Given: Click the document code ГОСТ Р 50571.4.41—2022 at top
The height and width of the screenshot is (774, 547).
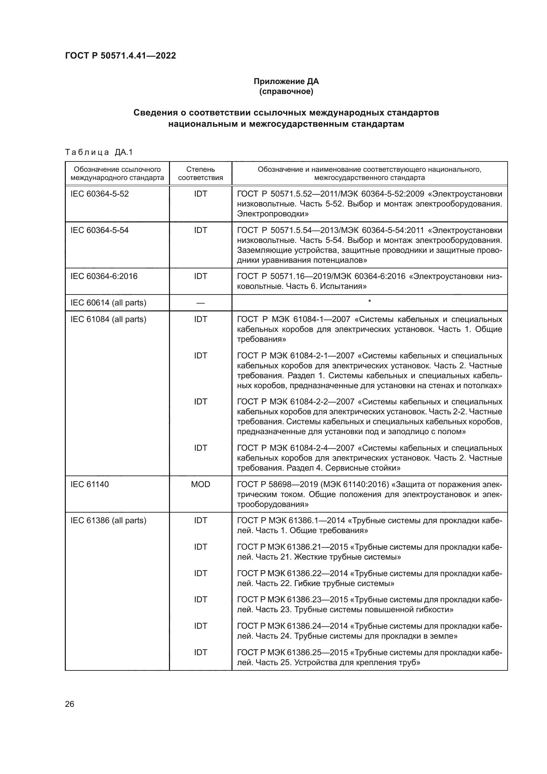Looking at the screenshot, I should pyautogui.click(x=120, y=56).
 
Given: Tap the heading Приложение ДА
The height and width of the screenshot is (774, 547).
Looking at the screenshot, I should pyautogui.click(x=286, y=81).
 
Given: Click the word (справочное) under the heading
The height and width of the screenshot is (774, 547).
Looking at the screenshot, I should pyautogui.click(x=286, y=91).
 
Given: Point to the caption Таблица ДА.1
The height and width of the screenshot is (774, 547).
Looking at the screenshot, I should pyautogui.click(x=99, y=152).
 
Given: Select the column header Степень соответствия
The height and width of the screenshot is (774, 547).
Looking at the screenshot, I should pyautogui.click(x=200, y=173).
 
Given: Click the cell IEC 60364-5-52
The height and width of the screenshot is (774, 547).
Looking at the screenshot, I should pyautogui.click(x=99, y=194).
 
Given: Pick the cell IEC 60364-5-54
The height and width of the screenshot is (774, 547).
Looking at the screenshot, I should pyautogui.click(x=99, y=230).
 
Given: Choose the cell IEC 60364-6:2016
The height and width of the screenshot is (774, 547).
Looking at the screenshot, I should pyautogui.click(x=104, y=276).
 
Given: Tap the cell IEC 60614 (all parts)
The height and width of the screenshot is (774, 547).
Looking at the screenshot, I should pyautogui.click(x=108, y=303).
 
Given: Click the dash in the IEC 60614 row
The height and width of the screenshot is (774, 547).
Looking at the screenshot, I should pyautogui.click(x=200, y=303).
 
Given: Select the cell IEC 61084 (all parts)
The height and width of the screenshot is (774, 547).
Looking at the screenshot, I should pyautogui.click(x=108, y=319).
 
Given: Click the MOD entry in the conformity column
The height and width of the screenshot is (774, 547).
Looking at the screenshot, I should pyautogui.click(x=200, y=484).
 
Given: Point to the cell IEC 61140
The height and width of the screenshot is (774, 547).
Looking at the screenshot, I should pyautogui.click(x=90, y=484).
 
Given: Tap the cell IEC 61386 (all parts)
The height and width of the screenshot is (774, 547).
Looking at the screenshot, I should pyautogui.click(x=108, y=521).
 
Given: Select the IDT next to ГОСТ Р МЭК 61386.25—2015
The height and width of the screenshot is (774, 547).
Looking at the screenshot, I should pyautogui.click(x=200, y=652).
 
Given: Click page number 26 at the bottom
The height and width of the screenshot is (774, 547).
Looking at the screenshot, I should pyautogui.click(x=69, y=704).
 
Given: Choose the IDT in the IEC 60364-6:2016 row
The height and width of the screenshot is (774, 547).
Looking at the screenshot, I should pyautogui.click(x=200, y=276).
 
